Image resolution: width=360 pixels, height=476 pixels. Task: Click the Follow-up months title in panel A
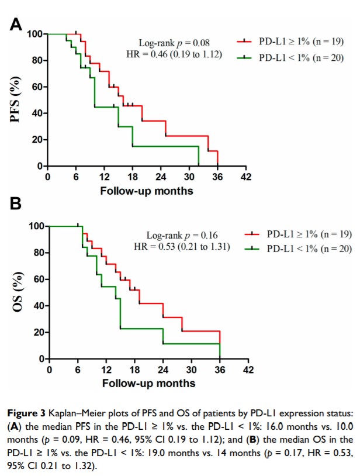click(x=146, y=191)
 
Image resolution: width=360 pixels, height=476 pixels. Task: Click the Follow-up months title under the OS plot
click(x=148, y=384)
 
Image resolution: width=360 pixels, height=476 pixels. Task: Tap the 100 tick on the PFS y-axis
click(x=34, y=34)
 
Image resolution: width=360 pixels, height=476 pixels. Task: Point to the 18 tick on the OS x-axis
click(x=134, y=370)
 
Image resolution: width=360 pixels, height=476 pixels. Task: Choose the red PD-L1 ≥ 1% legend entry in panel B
click(x=300, y=234)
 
